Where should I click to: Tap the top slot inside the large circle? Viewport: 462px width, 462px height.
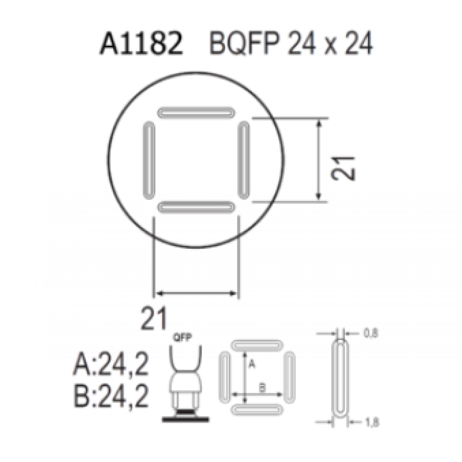coord(196,112)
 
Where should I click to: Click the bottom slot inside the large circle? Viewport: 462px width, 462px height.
coord(196,207)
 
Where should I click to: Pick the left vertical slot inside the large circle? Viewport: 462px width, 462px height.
coord(149,160)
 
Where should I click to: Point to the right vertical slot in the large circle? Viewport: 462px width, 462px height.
coord(244,160)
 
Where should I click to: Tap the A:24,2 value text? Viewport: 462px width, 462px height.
coord(110,367)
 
